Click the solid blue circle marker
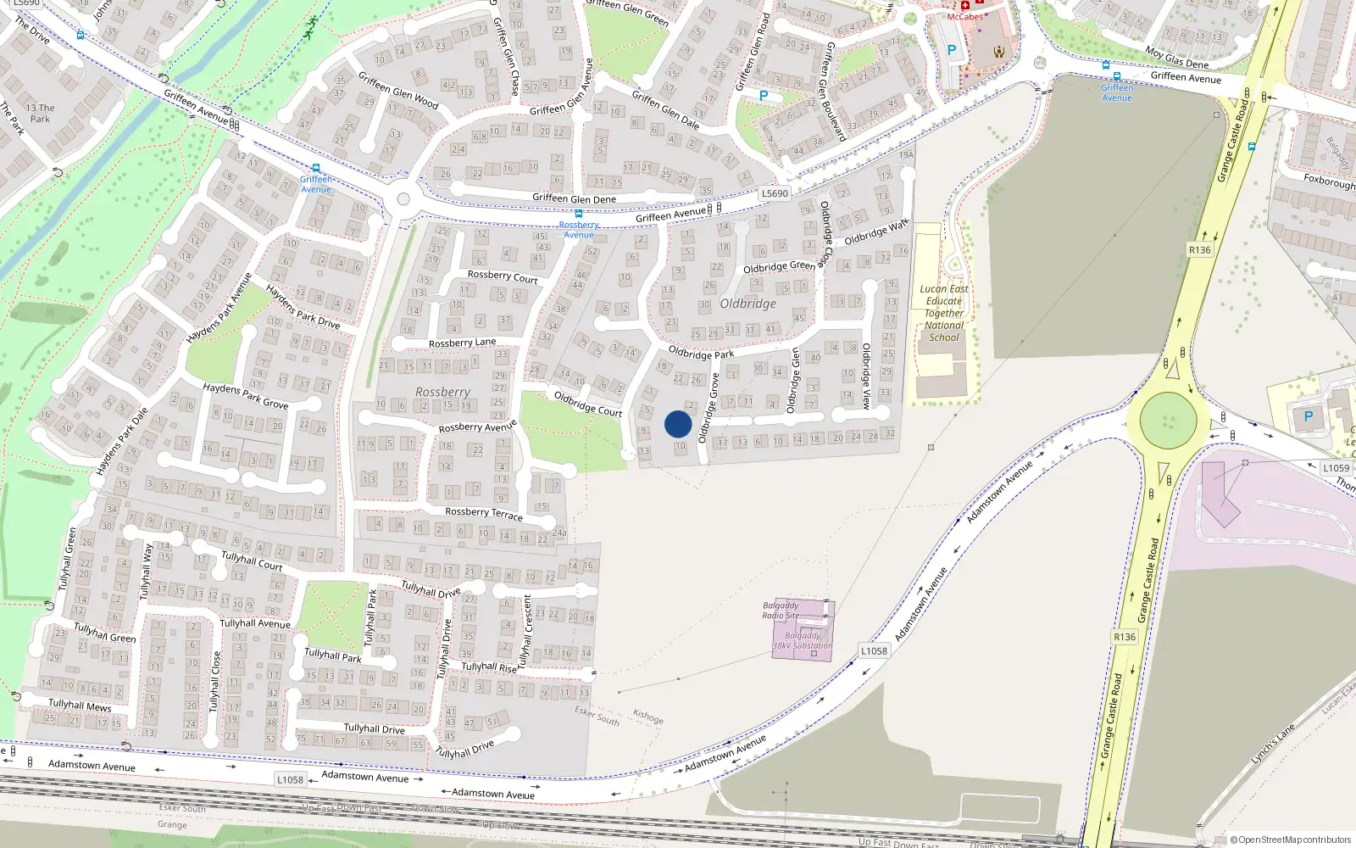pyautogui.click(x=678, y=424)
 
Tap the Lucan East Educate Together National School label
pyautogui.click(x=944, y=313)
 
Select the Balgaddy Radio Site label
pyautogui.click(x=781, y=611)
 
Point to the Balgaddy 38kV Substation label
pyautogui.click(x=803, y=640)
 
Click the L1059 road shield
pyautogui.click(x=1336, y=468)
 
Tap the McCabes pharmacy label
pyautogui.click(x=965, y=16)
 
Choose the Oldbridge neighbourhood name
pyautogui.click(x=747, y=304)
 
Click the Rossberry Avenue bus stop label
pyautogui.click(x=579, y=229)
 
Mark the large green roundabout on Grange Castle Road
pyautogui.click(x=1168, y=420)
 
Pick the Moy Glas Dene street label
pyautogui.click(x=1176, y=58)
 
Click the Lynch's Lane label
pyautogui.click(x=1273, y=744)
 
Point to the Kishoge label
pyautogui.click(x=648, y=717)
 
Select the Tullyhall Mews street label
pyautogui.click(x=80, y=705)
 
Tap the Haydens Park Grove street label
pyautogui.click(x=246, y=395)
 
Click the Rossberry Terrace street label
pyautogui.click(x=484, y=513)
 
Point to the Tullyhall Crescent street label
pyautogui.click(x=526, y=631)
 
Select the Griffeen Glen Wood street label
pyautogui.click(x=398, y=90)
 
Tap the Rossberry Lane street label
pyautogui.click(x=462, y=343)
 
